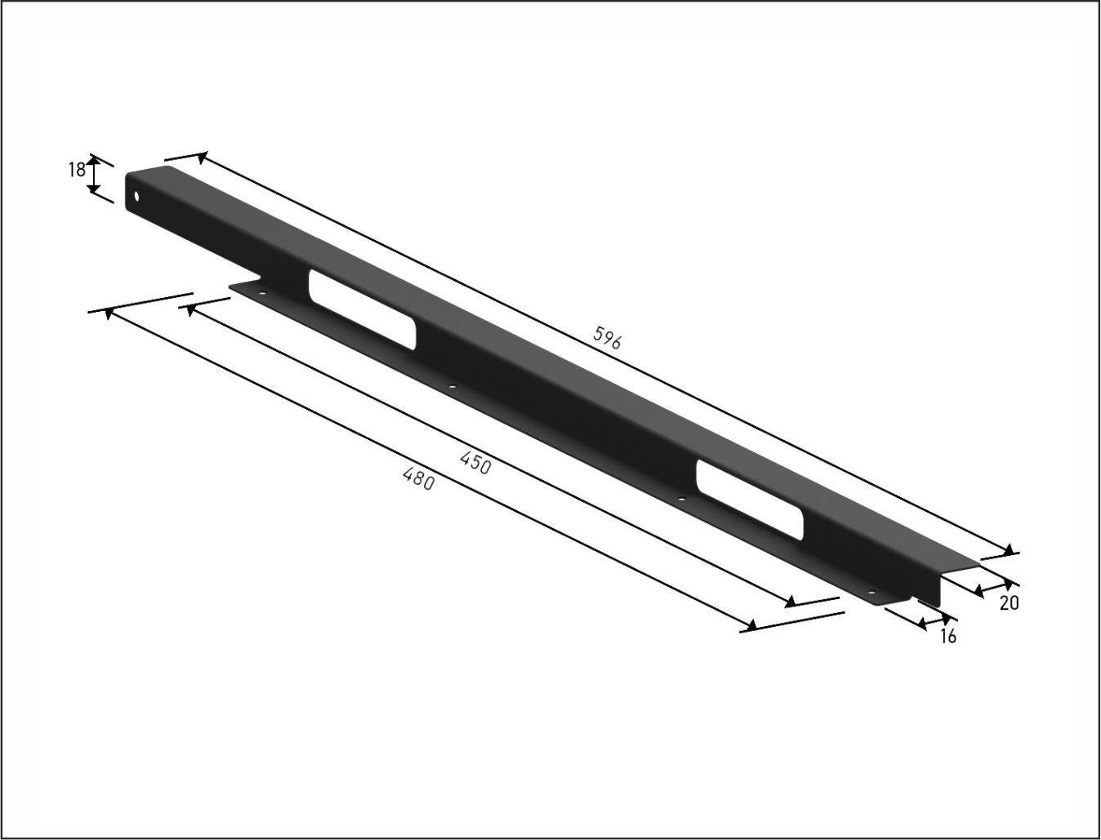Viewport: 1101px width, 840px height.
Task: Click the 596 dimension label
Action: click(x=607, y=337)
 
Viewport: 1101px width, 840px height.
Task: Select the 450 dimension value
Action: click(x=475, y=463)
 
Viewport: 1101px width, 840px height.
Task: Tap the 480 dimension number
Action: click(x=418, y=478)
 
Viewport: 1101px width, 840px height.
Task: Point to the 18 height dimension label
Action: click(x=77, y=171)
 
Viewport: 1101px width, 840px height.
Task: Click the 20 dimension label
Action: click(x=1010, y=603)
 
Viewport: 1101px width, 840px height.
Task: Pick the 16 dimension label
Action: click(x=948, y=637)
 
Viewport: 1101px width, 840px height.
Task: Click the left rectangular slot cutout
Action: click(x=362, y=309)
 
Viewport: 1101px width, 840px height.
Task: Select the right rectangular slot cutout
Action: click(x=750, y=500)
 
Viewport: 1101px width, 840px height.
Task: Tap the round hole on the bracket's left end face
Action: click(x=136, y=197)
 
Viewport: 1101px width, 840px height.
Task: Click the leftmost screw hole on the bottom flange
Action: click(x=262, y=293)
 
